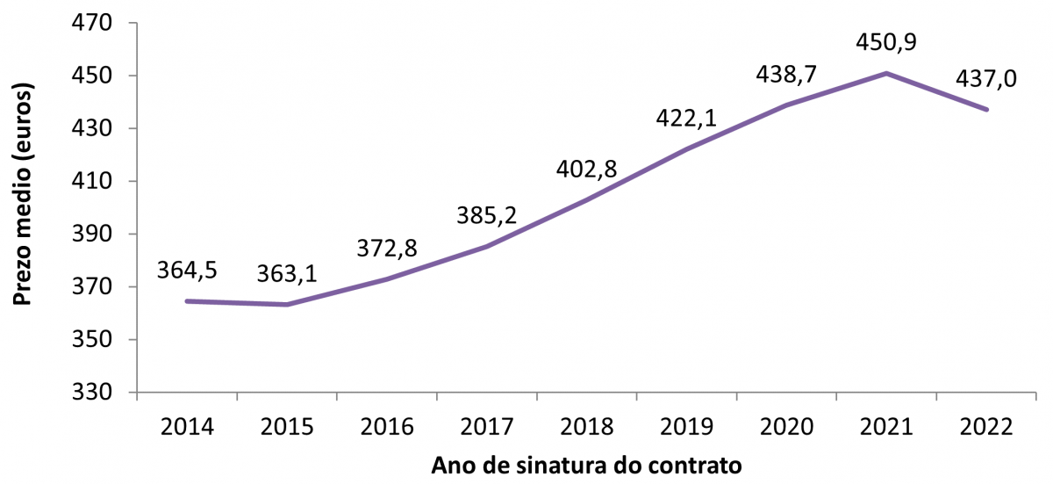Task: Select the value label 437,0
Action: click(987, 78)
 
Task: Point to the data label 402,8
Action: click(587, 168)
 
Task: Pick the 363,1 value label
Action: click(287, 273)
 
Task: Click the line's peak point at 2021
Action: click(887, 73)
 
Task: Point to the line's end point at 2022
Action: click(987, 110)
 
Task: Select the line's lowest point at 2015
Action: click(287, 305)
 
